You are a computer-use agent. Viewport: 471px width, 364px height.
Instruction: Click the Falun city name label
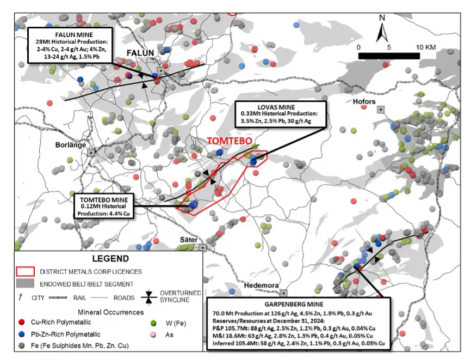tap(140, 53)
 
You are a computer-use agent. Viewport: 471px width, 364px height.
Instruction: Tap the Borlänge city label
tap(71, 145)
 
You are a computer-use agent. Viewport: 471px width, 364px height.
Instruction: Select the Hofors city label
tap(364, 101)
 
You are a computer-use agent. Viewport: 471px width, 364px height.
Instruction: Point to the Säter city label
tap(189, 240)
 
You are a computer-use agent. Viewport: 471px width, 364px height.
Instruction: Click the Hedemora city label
tap(261, 285)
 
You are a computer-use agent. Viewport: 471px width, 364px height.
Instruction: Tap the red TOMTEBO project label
tap(230, 141)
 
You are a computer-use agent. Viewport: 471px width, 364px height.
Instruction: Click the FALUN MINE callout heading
tap(74, 35)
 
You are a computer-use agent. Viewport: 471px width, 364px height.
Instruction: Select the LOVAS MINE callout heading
tap(276, 107)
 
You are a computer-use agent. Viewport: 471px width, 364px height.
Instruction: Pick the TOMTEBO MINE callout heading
tap(104, 200)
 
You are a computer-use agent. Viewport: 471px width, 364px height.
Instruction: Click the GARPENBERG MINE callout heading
tap(294, 305)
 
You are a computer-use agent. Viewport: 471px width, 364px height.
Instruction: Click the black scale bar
tap(389, 56)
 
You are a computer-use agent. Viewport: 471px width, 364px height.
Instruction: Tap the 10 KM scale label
tap(426, 47)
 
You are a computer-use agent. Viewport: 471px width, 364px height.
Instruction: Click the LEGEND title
tap(110, 259)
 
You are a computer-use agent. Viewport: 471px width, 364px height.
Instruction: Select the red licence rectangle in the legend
tap(25, 271)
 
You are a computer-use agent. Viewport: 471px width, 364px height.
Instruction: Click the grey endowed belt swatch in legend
tap(25, 283)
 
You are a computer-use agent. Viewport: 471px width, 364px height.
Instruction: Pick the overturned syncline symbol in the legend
tap(148, 296)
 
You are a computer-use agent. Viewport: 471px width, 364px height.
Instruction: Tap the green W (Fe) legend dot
tap(153, 323)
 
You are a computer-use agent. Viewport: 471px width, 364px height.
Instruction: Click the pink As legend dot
tap(153, 335)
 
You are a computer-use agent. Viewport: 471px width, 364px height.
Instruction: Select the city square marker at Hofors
tap(381, 110)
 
